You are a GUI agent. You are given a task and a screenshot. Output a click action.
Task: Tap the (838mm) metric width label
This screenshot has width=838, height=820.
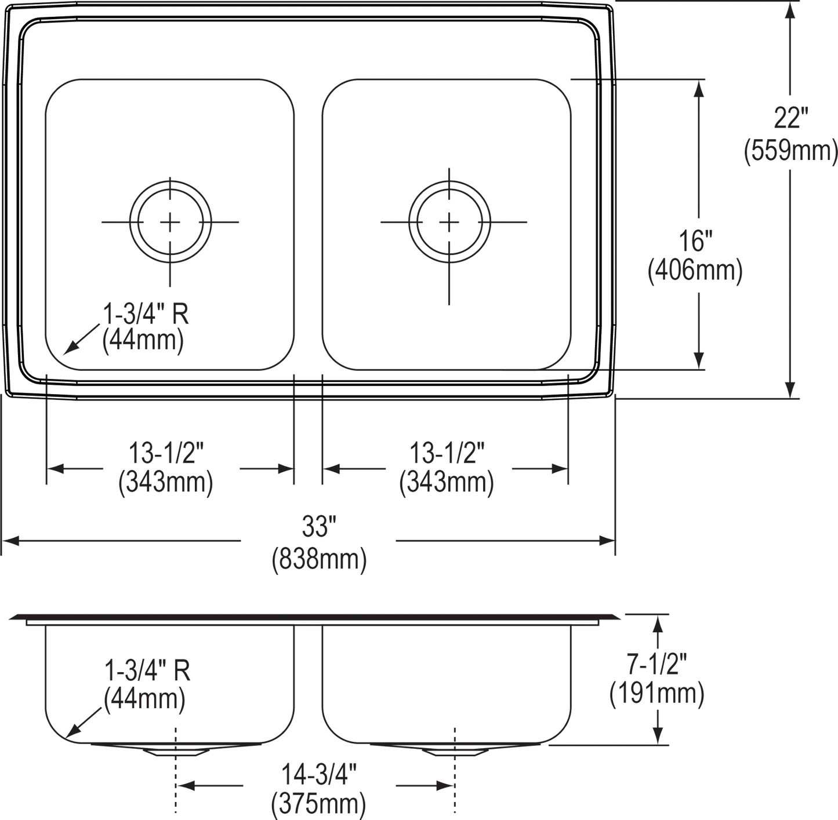318,560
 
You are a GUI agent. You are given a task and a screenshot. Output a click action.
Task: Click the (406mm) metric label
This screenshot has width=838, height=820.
695,271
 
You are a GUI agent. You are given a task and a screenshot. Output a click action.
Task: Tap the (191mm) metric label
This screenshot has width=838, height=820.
656,694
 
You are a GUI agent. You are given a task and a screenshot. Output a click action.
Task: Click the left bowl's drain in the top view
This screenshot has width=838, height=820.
170,221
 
